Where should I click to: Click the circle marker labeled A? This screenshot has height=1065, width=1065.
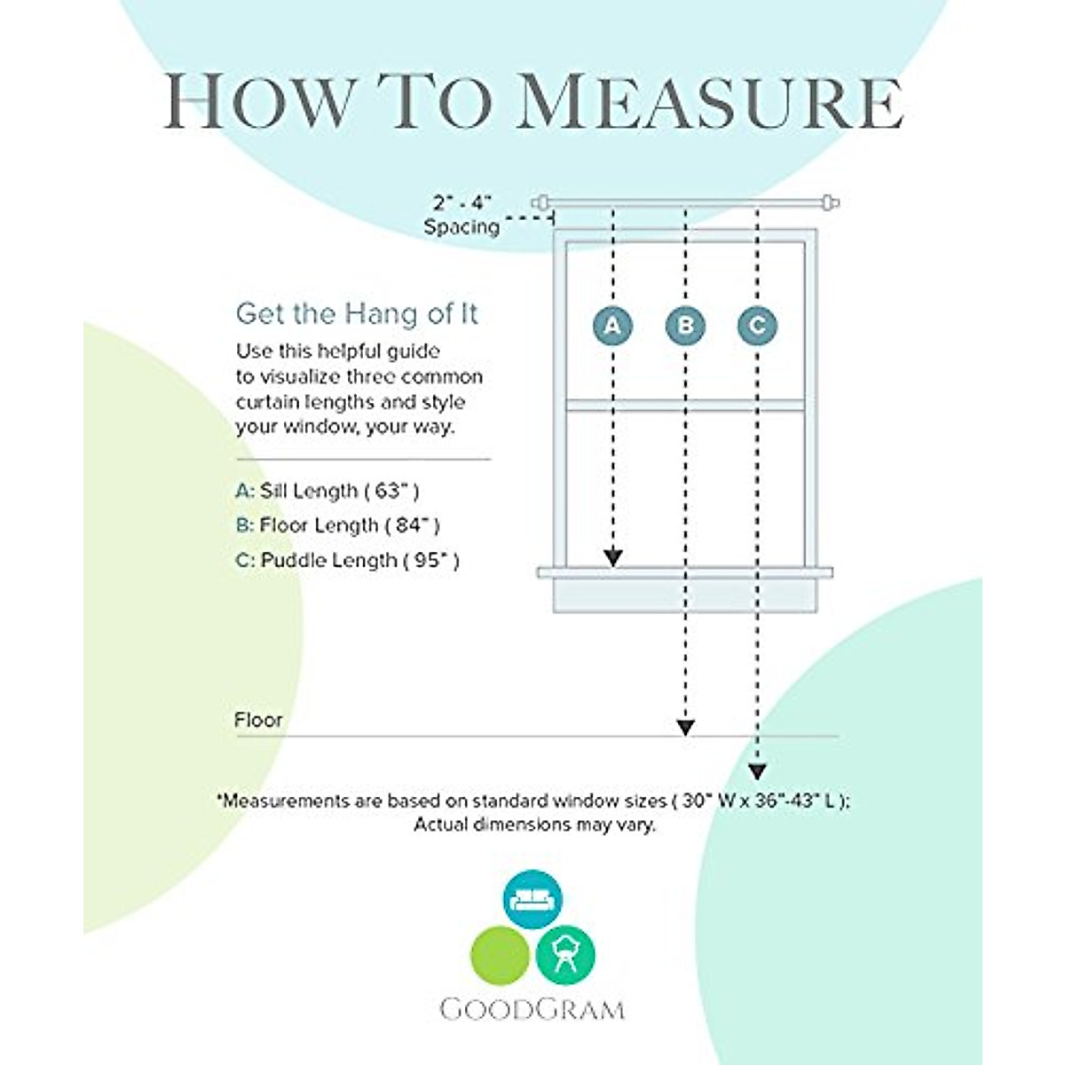(612, 326)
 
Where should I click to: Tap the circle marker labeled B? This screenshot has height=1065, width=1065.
(685, 326)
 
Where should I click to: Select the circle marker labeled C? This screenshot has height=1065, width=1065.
(757, 326)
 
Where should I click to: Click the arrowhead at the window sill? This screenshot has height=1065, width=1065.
(612, 557)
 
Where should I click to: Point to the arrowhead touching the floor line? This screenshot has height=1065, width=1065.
(685, 727)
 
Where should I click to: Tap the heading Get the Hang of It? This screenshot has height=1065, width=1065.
(357, 314)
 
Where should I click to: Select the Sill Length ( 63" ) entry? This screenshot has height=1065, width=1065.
(327, 491)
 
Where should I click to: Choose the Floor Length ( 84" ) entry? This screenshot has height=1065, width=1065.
(338, 525)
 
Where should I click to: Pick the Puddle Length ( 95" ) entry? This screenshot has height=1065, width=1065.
(348, 561)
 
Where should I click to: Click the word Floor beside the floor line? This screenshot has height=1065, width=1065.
(258, 720)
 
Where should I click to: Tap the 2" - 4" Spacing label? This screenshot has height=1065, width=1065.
(461, 215)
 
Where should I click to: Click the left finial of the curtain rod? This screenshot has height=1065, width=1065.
(539, 203)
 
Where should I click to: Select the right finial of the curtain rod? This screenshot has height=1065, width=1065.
(832, 202)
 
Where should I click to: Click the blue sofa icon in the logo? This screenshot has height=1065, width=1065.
(532, 900)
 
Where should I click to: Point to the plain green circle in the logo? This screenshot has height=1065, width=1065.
(500, 955)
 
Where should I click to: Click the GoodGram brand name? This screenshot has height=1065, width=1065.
(532, 1010)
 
